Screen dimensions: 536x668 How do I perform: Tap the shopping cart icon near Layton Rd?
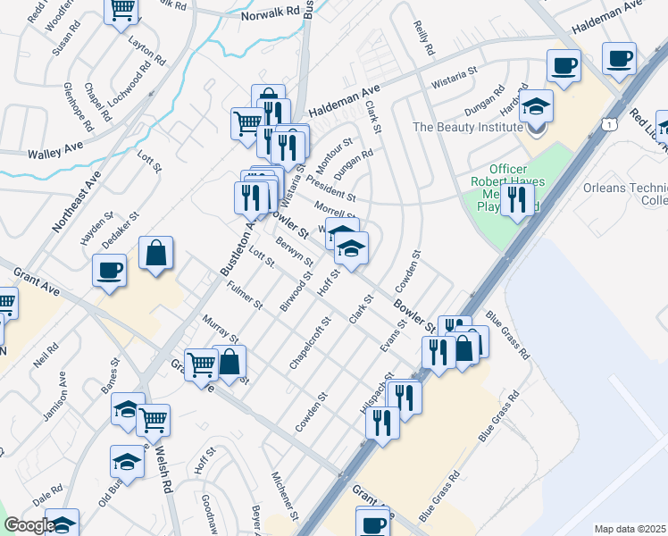click(121, 11)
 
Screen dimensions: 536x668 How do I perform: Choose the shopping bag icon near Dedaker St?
click(155, 253)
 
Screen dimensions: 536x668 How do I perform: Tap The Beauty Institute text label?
click(466, 128)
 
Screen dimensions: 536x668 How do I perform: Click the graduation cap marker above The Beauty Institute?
click(536, 107)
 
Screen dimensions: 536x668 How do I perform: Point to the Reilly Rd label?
click(424, 37)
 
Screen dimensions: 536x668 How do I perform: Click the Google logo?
click(29, 525)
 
